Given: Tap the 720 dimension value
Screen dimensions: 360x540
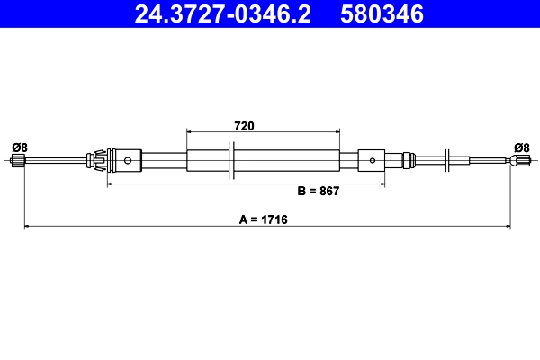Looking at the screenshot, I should point(243,127).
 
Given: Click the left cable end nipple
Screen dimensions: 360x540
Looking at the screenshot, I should point(19,161).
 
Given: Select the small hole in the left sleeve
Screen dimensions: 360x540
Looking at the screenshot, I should point(128,162).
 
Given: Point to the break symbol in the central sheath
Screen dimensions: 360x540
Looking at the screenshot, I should point(232,161).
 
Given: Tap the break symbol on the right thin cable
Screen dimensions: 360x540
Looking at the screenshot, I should point(447,161).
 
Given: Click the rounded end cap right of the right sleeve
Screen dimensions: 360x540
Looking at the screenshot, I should point(410,161).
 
